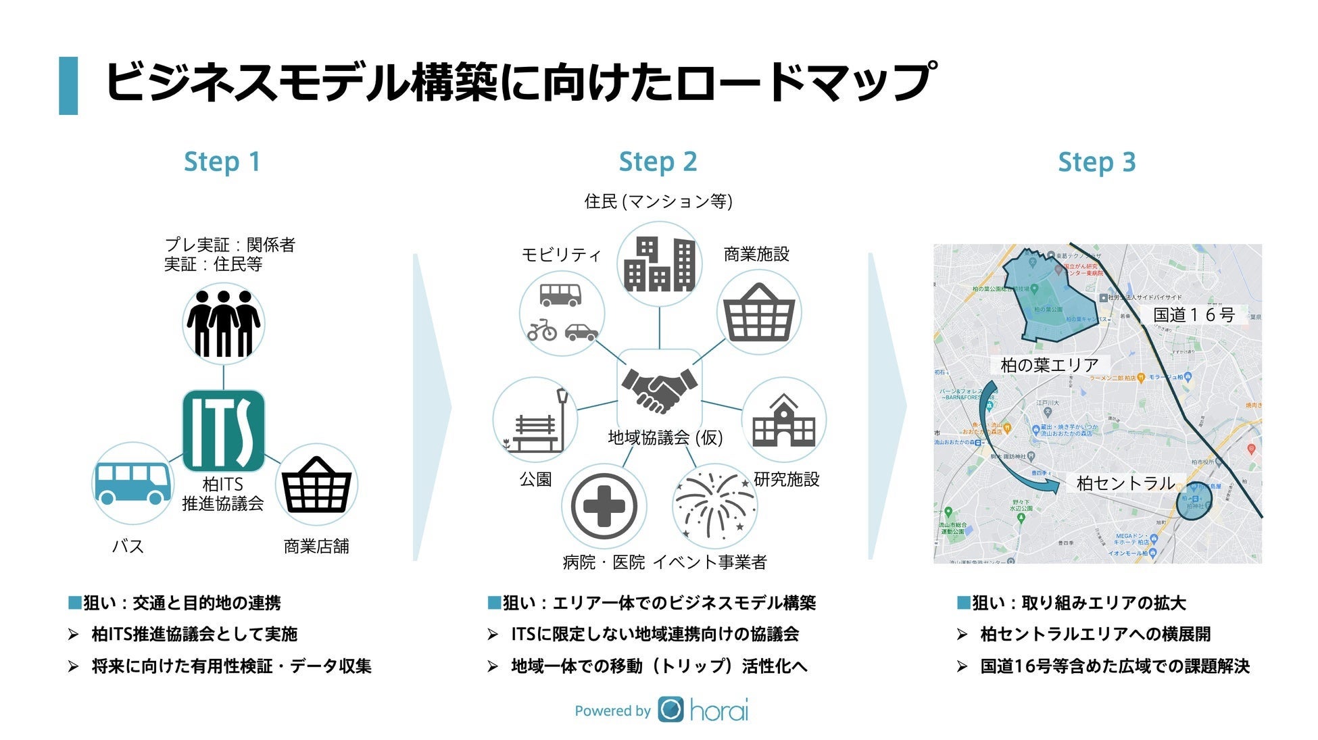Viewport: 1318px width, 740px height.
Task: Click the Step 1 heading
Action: (222, 162)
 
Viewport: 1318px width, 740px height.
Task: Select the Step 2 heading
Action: (658, 162)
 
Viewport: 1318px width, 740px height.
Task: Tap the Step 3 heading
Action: (1096, 162)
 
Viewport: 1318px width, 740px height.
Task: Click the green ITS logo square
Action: (224, 431)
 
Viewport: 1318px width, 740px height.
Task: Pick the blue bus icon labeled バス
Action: (132, 483)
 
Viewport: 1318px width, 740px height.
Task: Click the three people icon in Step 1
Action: (224, 324)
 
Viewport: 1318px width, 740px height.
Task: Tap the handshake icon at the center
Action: (659, 390)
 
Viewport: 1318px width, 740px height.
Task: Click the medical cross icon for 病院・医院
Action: (604, 505)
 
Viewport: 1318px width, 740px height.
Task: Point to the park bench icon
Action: (536, 421)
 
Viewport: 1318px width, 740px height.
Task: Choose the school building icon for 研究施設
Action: (783, 420)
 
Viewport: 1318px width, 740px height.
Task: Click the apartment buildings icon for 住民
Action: (659, 264)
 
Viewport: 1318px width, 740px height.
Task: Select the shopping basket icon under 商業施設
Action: (759, 313)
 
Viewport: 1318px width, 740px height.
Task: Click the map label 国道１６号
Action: (1194, 315)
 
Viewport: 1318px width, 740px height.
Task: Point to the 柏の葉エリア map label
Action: (1050, 365)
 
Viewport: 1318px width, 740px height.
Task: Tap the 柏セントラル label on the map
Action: (1125, 483)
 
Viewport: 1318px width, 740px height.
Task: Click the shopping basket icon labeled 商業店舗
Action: (316, 485)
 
